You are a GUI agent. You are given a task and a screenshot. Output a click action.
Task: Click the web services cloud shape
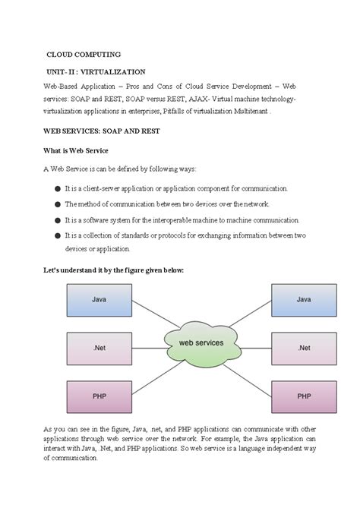click(201, 343)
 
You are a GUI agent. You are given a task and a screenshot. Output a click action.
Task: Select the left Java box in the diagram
click(99, 300)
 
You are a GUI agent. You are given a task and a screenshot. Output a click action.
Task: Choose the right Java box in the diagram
click(304, 300)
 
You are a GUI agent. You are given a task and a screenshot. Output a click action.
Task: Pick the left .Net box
click(99, 348)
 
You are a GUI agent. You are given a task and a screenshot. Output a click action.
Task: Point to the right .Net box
click(304, 348)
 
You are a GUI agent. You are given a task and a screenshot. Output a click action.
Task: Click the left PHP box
click(99, 396)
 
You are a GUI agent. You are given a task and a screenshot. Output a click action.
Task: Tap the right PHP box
click(304, 396)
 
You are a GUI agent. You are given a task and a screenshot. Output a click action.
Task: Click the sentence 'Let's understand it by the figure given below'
click(114, 270)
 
